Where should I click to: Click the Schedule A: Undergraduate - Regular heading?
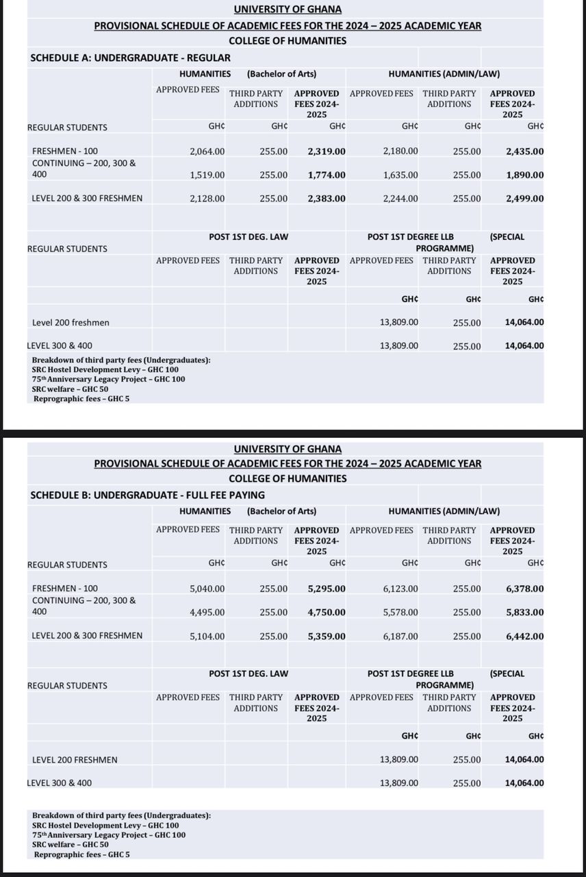pos(130,58)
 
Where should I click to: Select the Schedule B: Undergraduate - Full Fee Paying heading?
pos(147,495)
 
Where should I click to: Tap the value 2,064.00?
pos(207,151)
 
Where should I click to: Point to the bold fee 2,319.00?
pos(327,151)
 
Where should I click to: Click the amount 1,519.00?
pos(207,175)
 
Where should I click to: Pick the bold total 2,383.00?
pos(327,199)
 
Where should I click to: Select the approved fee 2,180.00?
pos(400,151)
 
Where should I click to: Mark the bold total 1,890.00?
pos(524,175)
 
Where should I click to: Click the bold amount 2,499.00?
pos(524,199)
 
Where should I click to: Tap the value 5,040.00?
pos(207,589)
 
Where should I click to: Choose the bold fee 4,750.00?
pos(327,613)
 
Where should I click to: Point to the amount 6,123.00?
pos(400,589)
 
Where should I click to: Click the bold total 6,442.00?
pos(524,637)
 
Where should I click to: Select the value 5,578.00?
pos(400,613)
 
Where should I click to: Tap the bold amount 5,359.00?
pos(327,637)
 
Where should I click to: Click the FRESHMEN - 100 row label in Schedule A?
pos(65,151)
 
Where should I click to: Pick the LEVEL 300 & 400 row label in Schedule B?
pos(59,783)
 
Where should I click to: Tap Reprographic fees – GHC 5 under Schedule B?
pos(81,854)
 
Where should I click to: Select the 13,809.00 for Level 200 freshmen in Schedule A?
pos(399,322)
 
